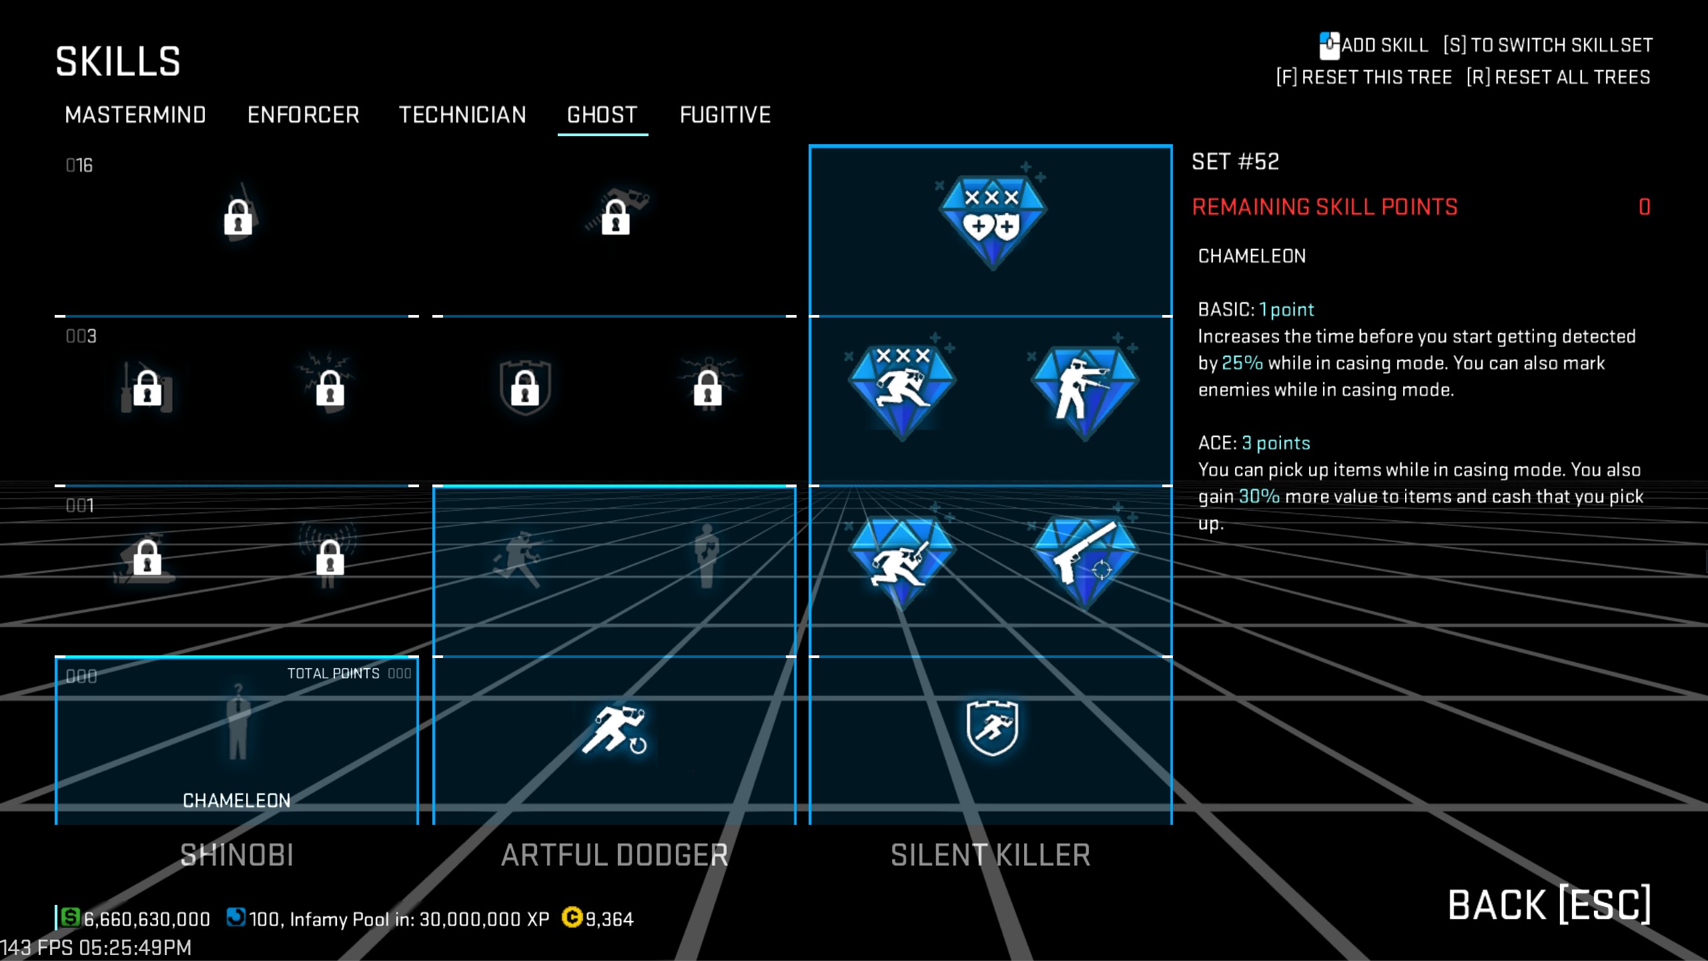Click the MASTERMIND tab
pyautogui.click(x=135, y=115)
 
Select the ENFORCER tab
pyautogui.click(x=304, y=115)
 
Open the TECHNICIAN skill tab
pyautogui.click(x=462, y=115)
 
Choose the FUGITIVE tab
pyautogui.click(x=725, y=115)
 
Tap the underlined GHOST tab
pyautogui.click(x=602, y=115)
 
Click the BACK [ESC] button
pyautogui.click(x=1549, y=905)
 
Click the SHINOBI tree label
pyautogui.click(x=237, y=855)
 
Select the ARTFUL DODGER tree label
pyautogui.click(x=614, y=855)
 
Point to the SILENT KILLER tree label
pyautogui.click(x=991, y=855)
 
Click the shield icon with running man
pyautogui.click(x=992, y=727)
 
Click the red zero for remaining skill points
pyautogui.click(x=1644, y=207)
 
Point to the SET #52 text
pyautogui.click(x=1236, y=162)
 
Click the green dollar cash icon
pyautogui.click(x=70, y=918)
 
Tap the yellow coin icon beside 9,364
pyautogui.click(x=572, y=918)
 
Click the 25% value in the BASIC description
pyautogui.click(x=1242, y=363)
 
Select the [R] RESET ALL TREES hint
pyautogui.click(x=1559, y=77)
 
